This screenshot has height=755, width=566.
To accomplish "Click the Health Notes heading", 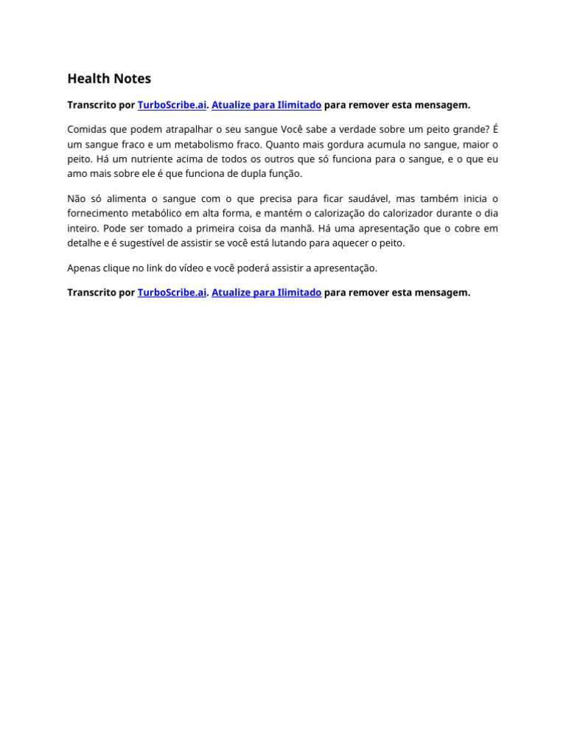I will [109, 78].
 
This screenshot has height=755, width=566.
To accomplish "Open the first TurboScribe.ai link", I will [172, 105].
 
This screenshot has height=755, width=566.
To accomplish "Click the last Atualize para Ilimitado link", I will [266, 293].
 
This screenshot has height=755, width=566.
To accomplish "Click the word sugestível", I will [144, 243].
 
